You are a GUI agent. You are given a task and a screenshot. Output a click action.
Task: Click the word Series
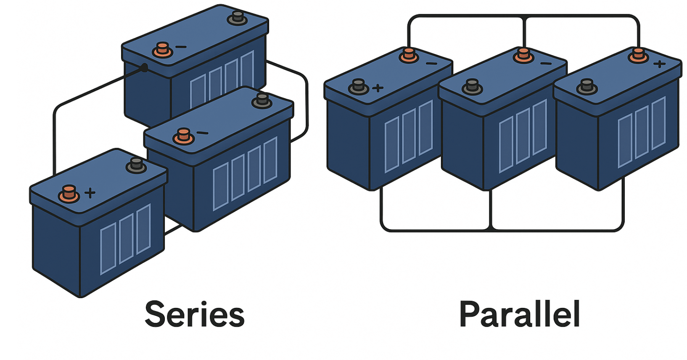tap(194, 314)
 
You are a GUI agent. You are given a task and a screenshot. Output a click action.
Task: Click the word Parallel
tap(520, 314)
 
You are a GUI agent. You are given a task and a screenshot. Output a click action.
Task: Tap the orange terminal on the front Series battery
tap(69, 193)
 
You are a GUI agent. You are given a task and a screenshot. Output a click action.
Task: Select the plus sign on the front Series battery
tap(90, 193)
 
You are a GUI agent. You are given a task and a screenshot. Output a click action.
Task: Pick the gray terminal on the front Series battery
tap(136, 165)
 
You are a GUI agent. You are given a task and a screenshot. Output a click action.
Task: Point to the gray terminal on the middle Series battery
tap(262, 101)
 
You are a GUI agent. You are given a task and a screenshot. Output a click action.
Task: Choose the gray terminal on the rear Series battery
tap(238, 18)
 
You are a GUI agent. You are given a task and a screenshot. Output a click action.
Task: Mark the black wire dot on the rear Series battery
tap(144, 68)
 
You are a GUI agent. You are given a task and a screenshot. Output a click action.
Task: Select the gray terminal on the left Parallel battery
tap(358, 86)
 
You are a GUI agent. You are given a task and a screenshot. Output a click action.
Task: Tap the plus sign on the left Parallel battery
tap(378, 88)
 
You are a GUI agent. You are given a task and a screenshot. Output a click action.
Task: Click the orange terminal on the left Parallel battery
tap(408, 55)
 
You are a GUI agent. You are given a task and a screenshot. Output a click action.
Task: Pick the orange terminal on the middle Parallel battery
tap(523, 55)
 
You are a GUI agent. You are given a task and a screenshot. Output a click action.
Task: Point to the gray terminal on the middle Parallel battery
tap(472, 87)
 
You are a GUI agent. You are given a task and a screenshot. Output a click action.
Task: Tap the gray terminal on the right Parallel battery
tap(587, 86)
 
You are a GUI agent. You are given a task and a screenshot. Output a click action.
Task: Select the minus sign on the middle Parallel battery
tap(545, 64)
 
